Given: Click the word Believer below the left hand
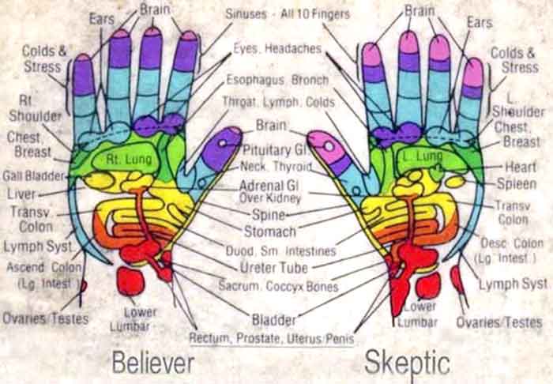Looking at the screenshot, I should [x=152, y=363].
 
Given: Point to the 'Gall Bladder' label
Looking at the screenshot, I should [x=33, y=175].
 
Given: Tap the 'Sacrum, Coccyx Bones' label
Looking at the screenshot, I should [x=278, y=286].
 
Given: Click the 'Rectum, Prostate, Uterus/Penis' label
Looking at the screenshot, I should [x=271, y=338].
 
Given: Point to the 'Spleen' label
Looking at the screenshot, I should [x=517, y=184].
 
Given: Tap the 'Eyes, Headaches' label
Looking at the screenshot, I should [x=276, y=49].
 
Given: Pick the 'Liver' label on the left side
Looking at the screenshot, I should [x=21, y=193].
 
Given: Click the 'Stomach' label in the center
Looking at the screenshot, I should [x=270, y=232].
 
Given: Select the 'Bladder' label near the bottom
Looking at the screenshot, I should [x=273, y=320].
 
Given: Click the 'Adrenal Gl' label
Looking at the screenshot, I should [x=273, y=183].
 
